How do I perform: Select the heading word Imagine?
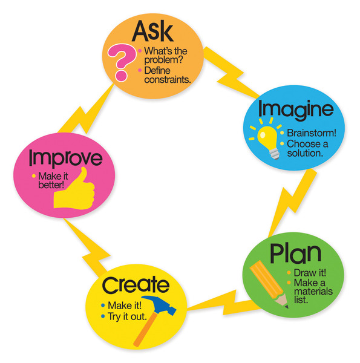pyautogui.click(x=295, y=110)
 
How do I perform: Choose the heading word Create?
pyautogui.click(x=136, y=284)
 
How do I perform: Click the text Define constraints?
pyautogui.click(x=165, y=74)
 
